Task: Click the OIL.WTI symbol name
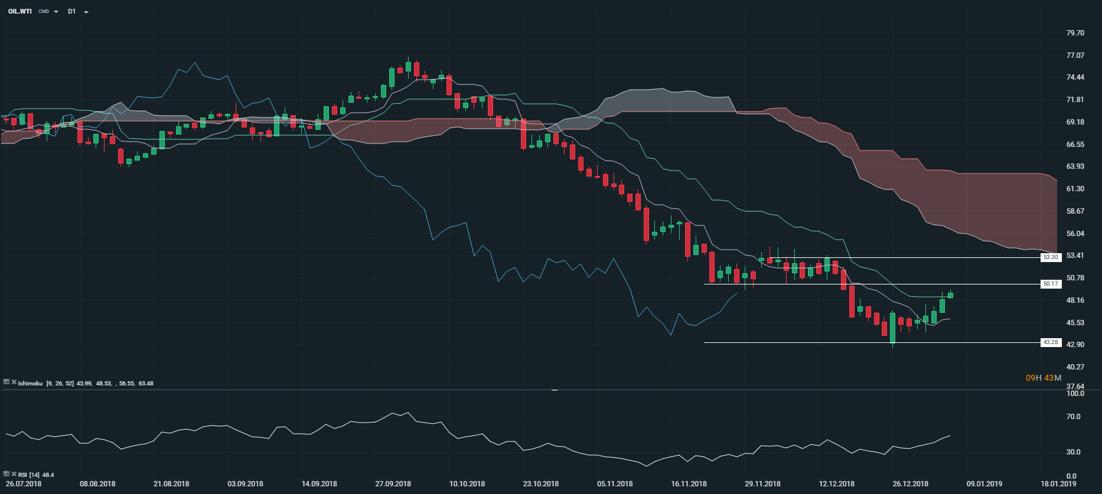20,11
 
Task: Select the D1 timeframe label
72,11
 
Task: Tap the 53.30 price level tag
1051,257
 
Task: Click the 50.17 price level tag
1051,284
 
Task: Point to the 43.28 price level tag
1051,342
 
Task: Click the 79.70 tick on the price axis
1075,33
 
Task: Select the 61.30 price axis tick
1075,189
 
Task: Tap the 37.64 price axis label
1075,387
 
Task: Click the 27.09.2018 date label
393,484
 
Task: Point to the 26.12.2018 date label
911,484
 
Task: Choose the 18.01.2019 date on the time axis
1058,484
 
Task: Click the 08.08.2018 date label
97,484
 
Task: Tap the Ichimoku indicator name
30,384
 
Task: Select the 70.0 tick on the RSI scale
1074,417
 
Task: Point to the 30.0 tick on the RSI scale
1074,452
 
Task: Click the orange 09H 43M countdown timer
1044,378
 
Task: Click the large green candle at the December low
892,328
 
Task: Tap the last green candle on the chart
950,295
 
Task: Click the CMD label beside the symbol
44,12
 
